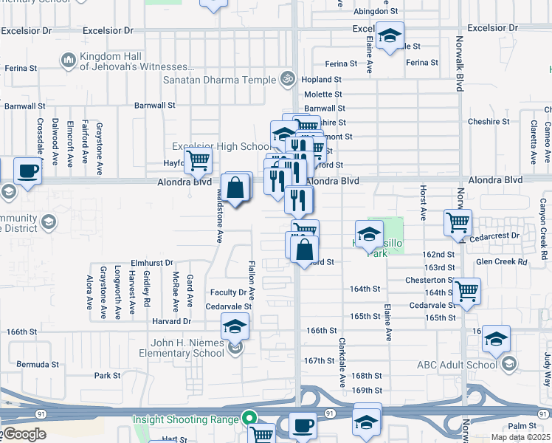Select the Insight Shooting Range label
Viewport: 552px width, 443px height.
coord(186,419)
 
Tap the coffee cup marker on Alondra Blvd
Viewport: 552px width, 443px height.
coord(28,171)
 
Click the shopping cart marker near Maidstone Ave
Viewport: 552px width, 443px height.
coord(198,159)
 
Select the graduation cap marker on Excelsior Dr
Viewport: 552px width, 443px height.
coord(390,35)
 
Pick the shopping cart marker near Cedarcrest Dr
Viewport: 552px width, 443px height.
coord(458,221)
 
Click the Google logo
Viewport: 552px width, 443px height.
coord(24,434)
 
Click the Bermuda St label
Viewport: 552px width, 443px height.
coord(38,365)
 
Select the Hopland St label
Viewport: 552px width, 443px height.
coord(322,79)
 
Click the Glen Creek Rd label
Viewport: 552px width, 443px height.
coord(502,261)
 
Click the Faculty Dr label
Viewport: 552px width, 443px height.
coord(228,293)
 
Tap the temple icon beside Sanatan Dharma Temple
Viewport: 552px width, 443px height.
coord(288,78)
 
